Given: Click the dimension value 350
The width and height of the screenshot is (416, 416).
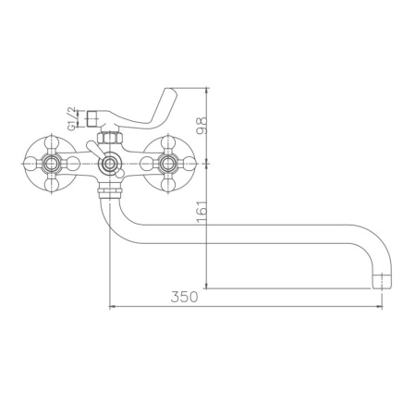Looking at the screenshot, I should point(186,298).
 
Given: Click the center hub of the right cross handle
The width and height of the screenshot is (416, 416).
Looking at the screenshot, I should point(168,165).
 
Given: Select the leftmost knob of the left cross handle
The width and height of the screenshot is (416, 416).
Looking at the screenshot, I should point(31,165).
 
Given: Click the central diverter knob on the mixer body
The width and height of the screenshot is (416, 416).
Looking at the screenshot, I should point(111,165).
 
